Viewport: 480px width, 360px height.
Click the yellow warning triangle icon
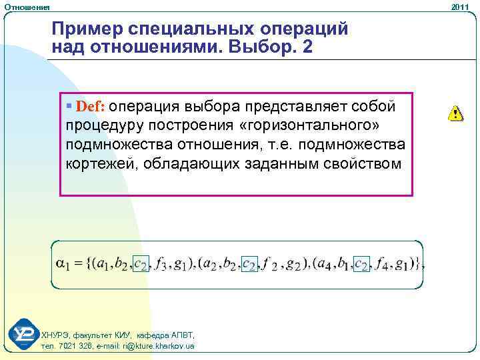455,113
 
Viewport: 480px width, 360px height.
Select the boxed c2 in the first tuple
141,265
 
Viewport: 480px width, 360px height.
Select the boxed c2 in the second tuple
249,265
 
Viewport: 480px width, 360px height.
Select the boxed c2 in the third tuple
361,265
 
